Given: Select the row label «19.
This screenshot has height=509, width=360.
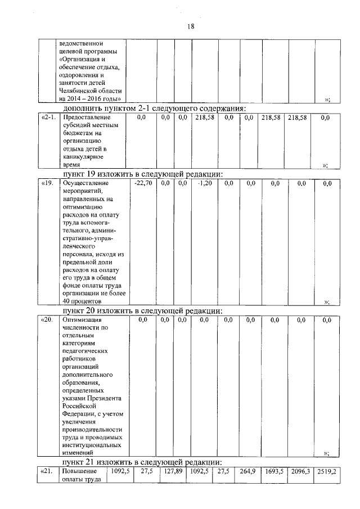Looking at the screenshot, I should [47, 183].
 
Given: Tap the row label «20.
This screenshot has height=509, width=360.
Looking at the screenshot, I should [47, 319].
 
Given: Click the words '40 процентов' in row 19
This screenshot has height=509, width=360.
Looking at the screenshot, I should [82, 302].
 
